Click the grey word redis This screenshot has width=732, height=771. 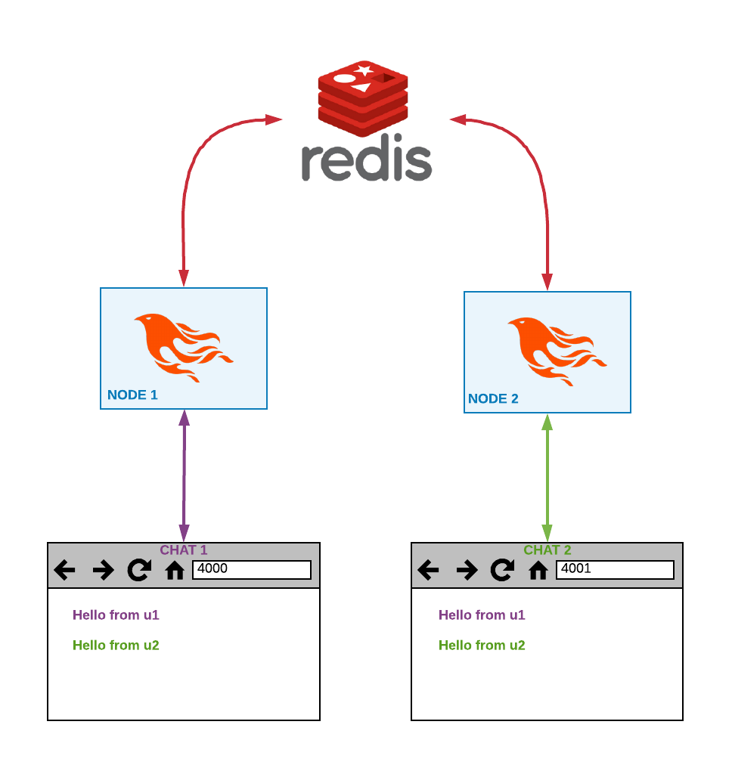tap(367, 160)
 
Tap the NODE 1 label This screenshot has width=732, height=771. tap(132, 395)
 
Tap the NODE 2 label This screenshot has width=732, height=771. tap(493, 398)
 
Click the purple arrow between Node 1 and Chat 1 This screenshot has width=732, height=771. tap(184, 476)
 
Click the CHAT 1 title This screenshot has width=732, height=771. tap(183, 550)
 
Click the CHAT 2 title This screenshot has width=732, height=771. tap(547, 550)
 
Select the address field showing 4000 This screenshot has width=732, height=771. tap(252, 569)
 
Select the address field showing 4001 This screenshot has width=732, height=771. tap(615, 569)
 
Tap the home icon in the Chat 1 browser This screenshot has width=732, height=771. tap(175, 570)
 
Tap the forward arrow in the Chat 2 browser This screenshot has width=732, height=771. tap(467, 570)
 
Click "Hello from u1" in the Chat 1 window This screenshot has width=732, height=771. tap(116, 615)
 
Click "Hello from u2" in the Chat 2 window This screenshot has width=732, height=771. tap(482, 646)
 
